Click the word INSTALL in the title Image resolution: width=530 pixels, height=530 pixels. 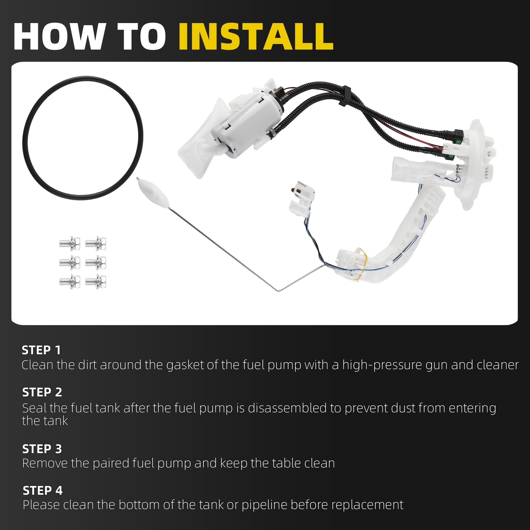tap(256, 37)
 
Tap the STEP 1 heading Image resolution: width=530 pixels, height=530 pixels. tap(41, 350)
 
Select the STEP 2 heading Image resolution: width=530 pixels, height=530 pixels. tap(42, 392)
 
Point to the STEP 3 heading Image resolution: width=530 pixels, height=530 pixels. tap(42, 449)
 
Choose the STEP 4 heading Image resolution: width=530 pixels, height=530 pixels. tap(42, 491)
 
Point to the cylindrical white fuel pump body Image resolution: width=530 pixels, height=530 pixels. tap(247, 123)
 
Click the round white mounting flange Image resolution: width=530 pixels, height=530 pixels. tap(475, 165)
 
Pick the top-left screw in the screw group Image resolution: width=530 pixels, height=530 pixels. tap(70, 243)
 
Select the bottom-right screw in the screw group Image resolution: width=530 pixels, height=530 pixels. tap(95, 281)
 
